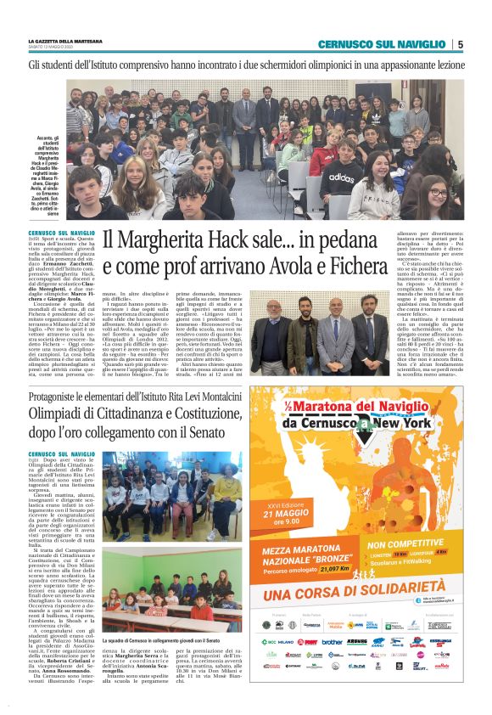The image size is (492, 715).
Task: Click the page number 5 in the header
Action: (x=460, y=44)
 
